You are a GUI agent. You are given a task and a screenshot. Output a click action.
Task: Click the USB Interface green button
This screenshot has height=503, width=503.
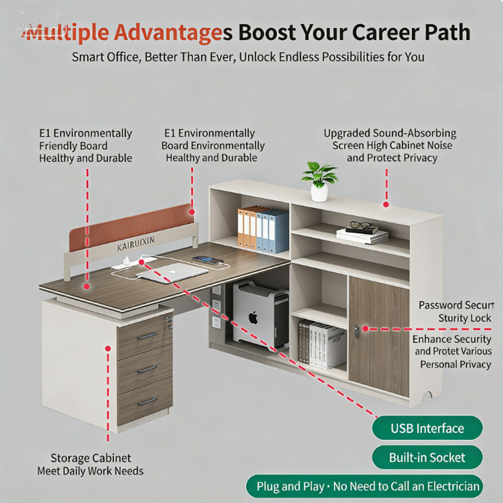[x=427, y=428]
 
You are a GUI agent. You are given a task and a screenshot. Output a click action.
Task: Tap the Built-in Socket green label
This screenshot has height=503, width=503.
[x=427, y=457]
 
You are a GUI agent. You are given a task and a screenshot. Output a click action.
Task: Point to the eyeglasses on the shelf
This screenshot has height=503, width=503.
[x=360, y=225]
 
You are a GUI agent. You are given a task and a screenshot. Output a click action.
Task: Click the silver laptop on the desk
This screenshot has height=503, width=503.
[x=172, y=272]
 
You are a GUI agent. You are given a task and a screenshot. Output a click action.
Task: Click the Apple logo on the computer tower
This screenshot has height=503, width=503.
[x=254, y=318]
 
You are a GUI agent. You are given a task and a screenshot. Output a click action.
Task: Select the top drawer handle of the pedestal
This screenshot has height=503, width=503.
[x=147, y=335]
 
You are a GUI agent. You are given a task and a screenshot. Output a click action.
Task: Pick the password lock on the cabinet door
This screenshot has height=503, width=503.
[x=357, y=330]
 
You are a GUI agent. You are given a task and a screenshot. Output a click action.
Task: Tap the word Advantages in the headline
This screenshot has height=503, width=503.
[x=168, y=32]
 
